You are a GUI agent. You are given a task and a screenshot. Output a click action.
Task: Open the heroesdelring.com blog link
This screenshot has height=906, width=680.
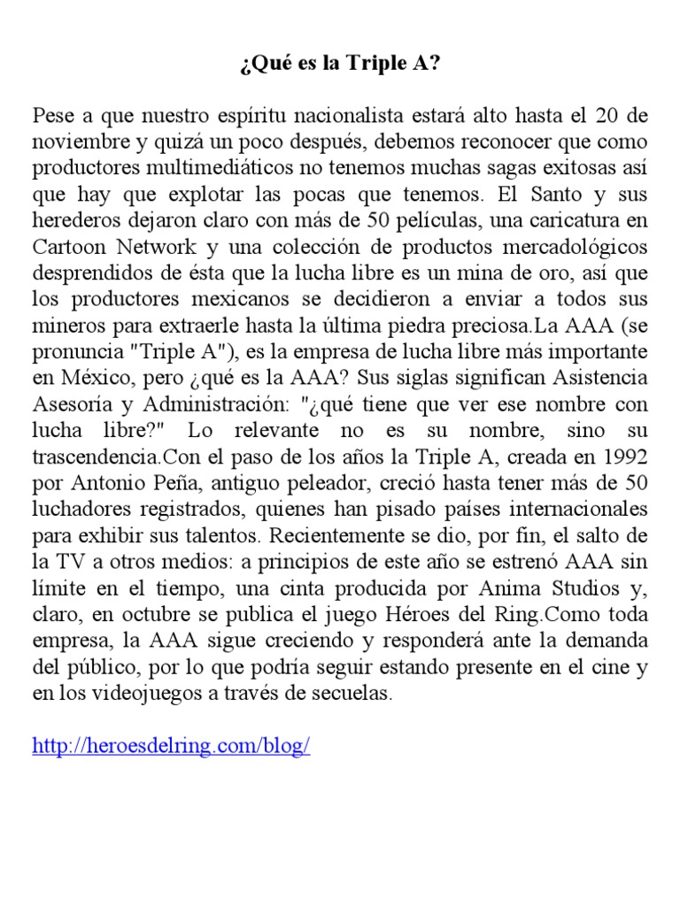coord(171,746)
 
